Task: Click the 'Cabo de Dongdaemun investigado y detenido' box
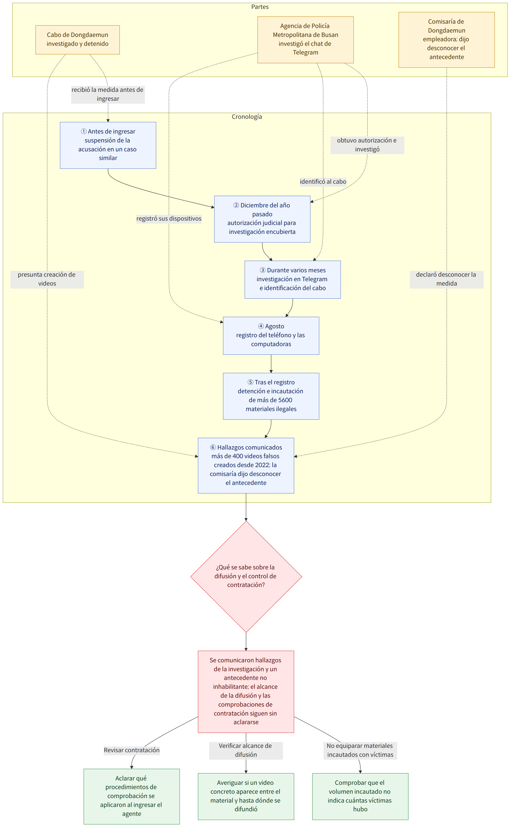coord(77,40)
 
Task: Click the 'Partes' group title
coord(260,7)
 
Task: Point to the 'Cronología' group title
coord(247,117)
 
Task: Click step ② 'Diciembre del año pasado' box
coord(262,219)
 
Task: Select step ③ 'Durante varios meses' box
coord(292,279)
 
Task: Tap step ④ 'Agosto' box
coord(271,336)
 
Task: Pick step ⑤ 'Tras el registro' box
coord(271,396)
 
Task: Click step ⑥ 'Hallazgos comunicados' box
coord(246,465)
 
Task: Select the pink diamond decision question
coord(246,577)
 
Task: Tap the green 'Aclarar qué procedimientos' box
coord(132,796)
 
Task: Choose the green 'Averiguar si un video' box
coord(246,796)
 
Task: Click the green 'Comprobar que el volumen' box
coord(360,796)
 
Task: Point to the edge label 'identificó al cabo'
coord(323,182)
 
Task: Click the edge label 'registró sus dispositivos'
coord(169,219)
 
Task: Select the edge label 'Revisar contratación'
coord(132,750)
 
